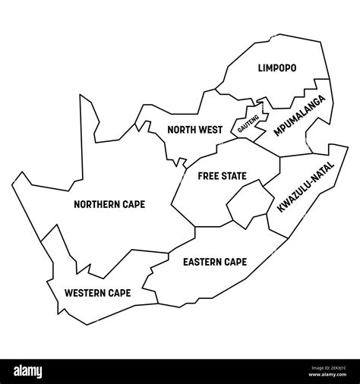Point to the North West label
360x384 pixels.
(x=194, y=130)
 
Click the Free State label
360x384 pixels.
(x=222, y=175)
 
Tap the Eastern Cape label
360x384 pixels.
(x=215, y=262)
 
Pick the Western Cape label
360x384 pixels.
(x=97, y=292)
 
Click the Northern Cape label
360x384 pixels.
(x=109, y=203)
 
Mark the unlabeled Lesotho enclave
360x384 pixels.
(x=246, y=205)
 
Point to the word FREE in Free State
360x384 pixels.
(x=207, y=175)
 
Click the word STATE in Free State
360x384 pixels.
(x=232, y=175)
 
